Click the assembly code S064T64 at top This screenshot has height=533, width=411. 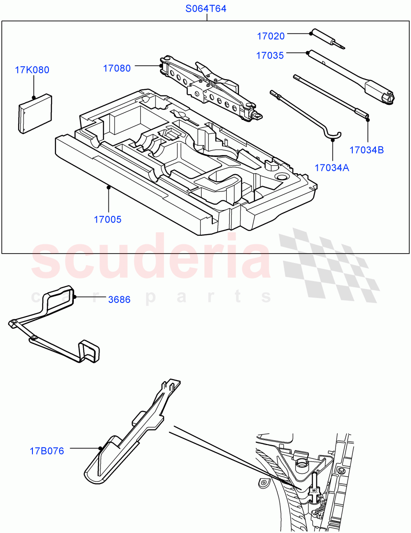[206, 8]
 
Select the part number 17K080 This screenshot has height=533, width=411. [32, 70]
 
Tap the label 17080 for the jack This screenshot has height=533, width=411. [117, 68]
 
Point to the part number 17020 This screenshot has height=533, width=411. [270, 36]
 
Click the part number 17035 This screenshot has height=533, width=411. [270, 56]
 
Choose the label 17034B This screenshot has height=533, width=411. [367, 150]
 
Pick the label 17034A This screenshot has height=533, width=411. [331, 167]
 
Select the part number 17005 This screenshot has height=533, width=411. [107, 219]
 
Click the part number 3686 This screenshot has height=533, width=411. [119, 299]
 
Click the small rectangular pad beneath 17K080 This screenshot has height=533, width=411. [35, 113]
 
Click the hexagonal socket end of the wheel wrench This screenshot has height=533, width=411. [387, 98]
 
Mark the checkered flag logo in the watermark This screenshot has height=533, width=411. [329, 264]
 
